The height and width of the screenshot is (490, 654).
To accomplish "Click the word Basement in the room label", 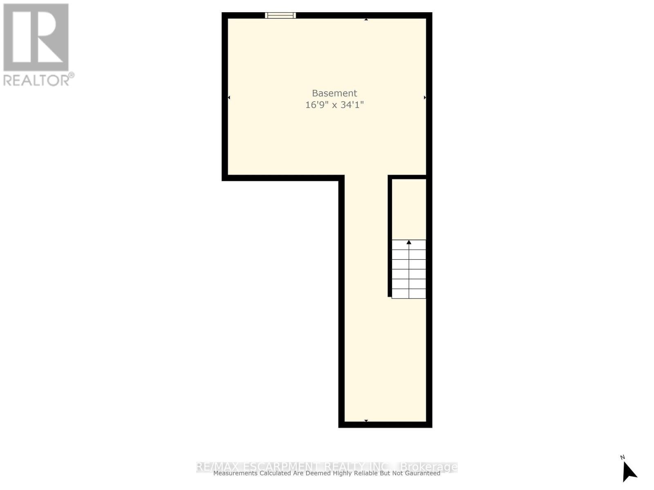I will (334, 93).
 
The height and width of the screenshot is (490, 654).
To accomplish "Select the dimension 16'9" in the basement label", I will (316, 105).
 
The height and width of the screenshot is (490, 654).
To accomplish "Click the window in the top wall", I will (280, 16).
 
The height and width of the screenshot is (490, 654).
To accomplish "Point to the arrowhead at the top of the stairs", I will (409, 242).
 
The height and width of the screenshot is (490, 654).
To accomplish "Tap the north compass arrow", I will (629, 472).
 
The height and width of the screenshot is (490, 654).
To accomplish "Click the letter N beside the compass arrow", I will (623, 457).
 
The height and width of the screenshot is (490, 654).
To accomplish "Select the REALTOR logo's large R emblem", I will (36, 37).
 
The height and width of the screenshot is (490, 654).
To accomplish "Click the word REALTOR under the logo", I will (36, 80).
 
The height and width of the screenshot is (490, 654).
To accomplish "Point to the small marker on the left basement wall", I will (229, 97).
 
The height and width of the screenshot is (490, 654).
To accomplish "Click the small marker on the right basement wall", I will (425, 97).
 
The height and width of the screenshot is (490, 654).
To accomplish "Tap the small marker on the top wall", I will (366, 19).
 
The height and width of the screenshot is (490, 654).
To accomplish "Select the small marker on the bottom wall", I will (366, 421).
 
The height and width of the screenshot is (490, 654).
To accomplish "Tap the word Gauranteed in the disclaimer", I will (421, 473).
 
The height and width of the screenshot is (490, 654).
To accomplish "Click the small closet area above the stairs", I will (409, 208).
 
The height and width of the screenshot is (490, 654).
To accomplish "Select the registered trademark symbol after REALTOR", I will (72, 75).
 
